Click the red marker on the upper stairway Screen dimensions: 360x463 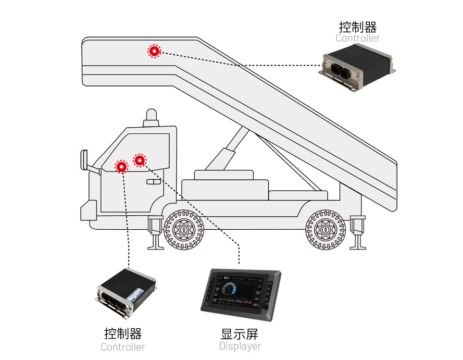[154, 51]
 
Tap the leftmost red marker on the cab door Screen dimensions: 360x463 [121, 166]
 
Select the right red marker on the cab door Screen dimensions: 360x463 [140, 160]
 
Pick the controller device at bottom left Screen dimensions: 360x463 [127, 293]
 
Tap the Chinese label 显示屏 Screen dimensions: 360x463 [240, 333]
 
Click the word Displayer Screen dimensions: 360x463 [240, 346]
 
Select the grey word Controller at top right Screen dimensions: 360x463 [357, 38]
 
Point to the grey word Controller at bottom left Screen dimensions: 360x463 [122, 347]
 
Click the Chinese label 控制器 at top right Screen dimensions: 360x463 [357, 26]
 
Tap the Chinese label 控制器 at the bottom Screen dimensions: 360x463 [123, 333]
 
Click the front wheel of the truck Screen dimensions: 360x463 [183, 229]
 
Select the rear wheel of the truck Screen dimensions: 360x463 [326, 229]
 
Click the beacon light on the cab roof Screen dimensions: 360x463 [151, 117]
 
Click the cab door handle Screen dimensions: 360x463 [154, 182]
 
